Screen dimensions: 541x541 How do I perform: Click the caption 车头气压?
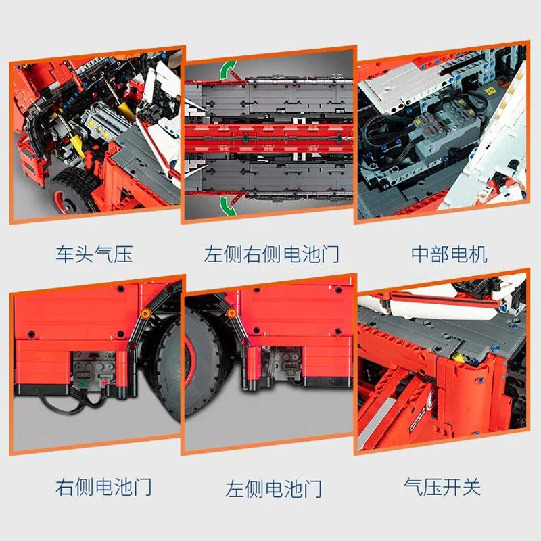tap(94, 255)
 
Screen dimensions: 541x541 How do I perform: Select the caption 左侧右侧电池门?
tap(271, 255)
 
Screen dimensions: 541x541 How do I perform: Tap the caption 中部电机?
tap(449, 255)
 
